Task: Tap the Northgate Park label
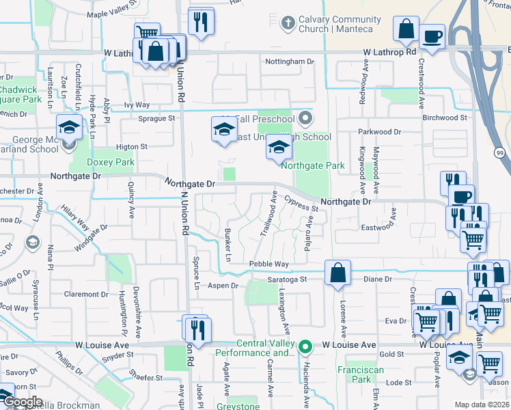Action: (313, 165)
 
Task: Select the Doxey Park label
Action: (111, 163)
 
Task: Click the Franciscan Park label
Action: (354, 374)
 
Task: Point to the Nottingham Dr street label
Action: (289, 61)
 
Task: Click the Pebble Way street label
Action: (268, 264)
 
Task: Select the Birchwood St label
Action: (444, 118)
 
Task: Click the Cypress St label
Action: (301, 203)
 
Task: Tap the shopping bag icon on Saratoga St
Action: (337, 273)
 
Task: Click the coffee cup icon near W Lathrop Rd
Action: (432, 36)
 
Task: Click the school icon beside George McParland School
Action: (68, 128)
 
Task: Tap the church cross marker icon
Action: (288, 24)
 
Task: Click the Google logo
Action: (23, 402)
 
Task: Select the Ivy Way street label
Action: (137, 105)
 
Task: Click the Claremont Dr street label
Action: (81, 295)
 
